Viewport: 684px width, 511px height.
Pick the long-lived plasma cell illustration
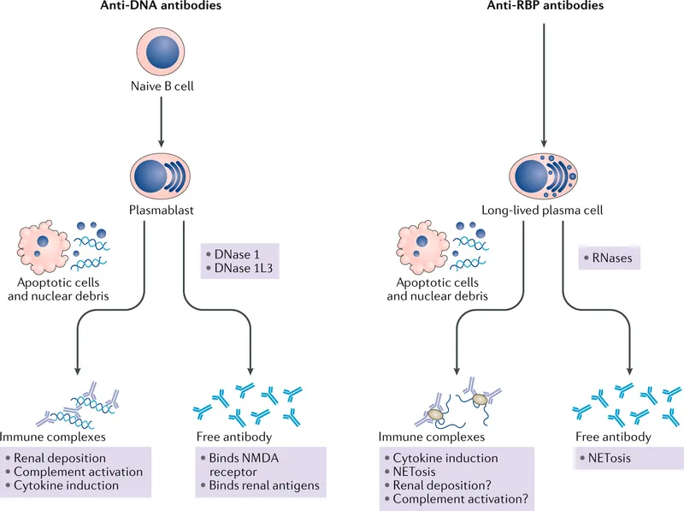pos(544,169)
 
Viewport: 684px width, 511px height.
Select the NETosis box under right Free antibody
pos(610,458)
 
